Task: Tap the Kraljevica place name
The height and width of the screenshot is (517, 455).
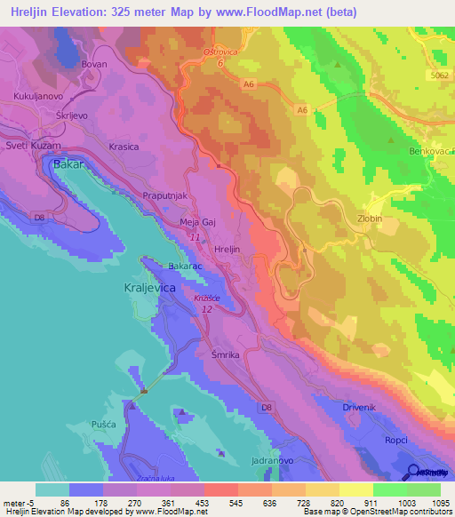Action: (148, 289)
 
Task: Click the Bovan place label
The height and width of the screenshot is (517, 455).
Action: (94, 65)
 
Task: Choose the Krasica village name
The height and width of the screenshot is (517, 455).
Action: (124, 147)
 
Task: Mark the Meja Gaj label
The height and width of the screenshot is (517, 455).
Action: (198, 223)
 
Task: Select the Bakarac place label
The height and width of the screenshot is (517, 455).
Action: (186, 265)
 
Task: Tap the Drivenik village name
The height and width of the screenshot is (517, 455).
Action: (361, 407)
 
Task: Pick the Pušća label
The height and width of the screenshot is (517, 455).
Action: (104, 426)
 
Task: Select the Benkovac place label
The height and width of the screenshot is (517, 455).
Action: (430, 152)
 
